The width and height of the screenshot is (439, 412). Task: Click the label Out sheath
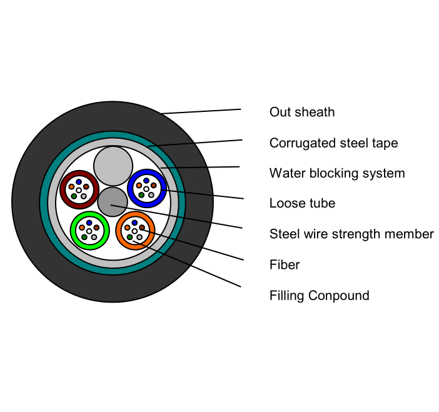coord(302,112)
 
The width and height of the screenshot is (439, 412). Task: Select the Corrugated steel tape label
coord(333,143)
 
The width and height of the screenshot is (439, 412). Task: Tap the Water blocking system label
coord(337,173)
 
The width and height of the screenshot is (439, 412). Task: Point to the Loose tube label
coord(302,203)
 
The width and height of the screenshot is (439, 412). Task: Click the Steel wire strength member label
coord(351,234)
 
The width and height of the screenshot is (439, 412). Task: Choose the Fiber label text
coord(285,265)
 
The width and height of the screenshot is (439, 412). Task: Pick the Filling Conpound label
coord(319,296)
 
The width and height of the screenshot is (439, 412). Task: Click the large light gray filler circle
coord(113,166)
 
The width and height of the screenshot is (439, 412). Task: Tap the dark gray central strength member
coord(113,202)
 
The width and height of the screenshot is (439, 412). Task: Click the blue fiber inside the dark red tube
coord(79,182)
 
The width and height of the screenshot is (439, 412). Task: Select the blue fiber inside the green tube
coord(89,223)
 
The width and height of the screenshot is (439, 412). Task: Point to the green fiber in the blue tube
coord(141,195)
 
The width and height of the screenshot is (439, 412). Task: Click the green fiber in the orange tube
coord(129,237)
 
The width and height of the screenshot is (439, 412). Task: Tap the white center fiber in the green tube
coord(89,231)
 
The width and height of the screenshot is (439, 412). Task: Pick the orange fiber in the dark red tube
coord(71,187)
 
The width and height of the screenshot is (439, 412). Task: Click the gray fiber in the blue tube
coord(151,195)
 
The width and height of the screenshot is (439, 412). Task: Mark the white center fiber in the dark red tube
coord(79,190)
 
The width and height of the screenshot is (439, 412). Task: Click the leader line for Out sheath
coord(201,111)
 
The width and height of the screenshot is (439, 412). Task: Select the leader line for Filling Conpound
coord(187,264)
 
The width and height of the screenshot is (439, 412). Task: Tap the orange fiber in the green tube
coord(82,228)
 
